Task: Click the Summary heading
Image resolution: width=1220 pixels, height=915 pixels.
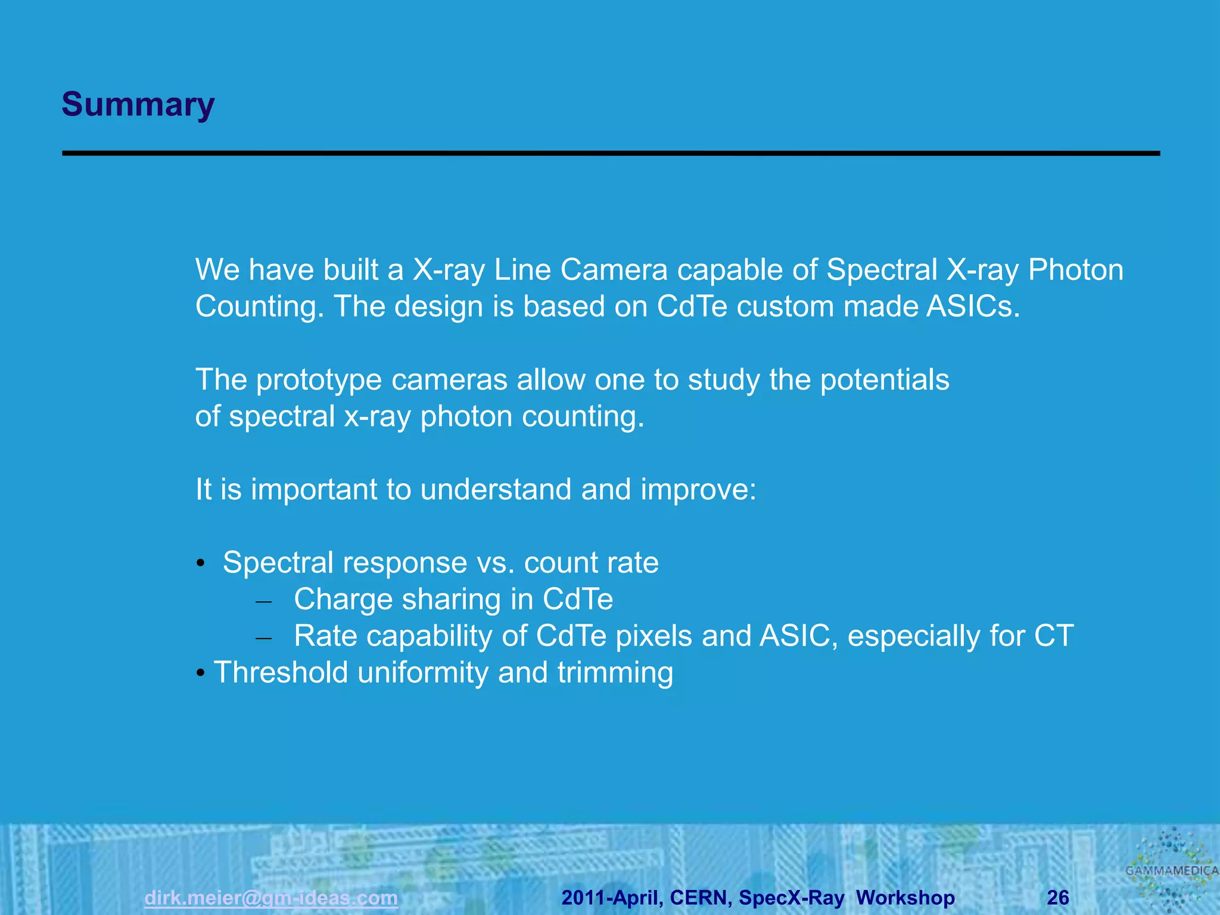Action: point(138,105)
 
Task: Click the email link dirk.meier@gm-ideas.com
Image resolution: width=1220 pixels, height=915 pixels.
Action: point(271,898)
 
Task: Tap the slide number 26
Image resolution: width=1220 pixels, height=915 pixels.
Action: point(1058,898)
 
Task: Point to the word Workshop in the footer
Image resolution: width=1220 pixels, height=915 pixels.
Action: point(905,898)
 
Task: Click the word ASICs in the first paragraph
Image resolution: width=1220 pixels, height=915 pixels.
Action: point(973,307)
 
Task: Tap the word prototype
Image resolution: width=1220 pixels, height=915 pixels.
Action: point(319,380)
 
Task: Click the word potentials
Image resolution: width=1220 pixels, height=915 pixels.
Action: point(885,380)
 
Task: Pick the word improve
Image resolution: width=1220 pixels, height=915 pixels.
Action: point(698,490)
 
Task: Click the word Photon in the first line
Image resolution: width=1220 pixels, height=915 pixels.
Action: point(1075,270)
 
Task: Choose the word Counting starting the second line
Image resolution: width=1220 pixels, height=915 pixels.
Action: point(259,307)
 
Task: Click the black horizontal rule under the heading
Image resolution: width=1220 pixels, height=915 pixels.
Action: point(611,154)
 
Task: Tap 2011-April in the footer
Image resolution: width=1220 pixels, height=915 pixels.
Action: point(611,898)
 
